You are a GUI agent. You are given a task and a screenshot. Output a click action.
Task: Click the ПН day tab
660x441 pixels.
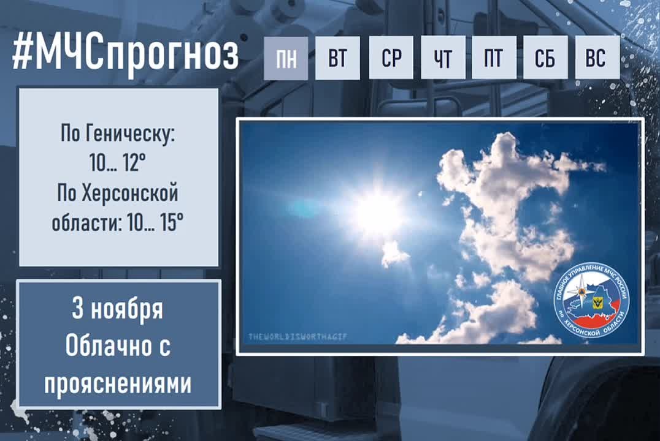[x=286, y=58]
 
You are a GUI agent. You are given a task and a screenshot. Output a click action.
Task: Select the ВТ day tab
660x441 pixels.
[x=337, y=58]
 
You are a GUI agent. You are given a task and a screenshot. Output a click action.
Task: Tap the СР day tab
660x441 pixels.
[x=391, y=58]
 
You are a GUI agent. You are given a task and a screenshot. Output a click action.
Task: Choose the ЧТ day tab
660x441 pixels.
[x=443, y=58]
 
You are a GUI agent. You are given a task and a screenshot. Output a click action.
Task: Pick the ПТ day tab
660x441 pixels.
[x=493, y=58]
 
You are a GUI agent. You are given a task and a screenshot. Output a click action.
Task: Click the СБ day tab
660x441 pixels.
[x=545, y=58]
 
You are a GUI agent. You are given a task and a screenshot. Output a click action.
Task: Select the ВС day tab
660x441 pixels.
[x=597, y=58]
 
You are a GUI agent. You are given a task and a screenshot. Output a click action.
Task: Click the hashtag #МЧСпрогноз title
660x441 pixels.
[x=125, y=55]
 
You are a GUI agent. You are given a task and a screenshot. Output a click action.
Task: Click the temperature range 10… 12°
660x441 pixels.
[x=118, y=164]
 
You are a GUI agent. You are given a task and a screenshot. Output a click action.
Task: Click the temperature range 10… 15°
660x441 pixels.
[x=156, y=223]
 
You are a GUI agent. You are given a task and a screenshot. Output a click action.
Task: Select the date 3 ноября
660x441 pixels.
[x=118, y=309]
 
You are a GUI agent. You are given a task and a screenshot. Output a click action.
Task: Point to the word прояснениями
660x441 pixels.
[x=118, y=384]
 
